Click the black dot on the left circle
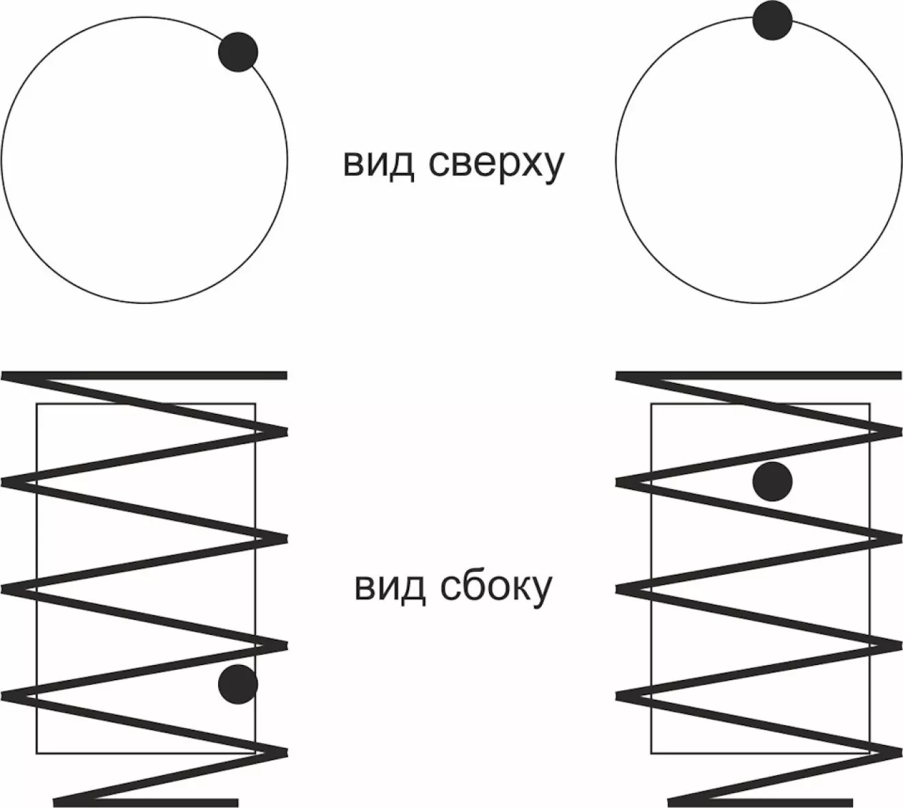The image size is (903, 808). [238, 52]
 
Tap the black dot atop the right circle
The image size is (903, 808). [772, 20]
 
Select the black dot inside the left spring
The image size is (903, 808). [238, 684]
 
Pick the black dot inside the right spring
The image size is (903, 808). [772, 481]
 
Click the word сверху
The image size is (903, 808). [497, 164]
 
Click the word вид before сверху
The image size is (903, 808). [378, 164]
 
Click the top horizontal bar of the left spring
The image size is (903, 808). [144, 375]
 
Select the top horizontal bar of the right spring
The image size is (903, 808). [758, 375]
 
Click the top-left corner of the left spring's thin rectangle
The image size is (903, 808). [36, 404]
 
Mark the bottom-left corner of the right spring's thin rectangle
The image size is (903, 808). [651, 753]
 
